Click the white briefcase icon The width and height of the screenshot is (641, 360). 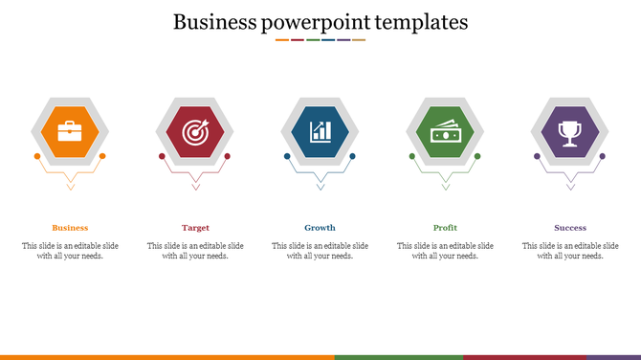click(70, 132)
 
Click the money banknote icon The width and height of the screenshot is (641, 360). click(445, 133)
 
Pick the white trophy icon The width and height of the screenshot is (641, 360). click(570, 132)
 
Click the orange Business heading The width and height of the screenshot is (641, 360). click(70, 228)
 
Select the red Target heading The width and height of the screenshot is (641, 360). click(195, 228)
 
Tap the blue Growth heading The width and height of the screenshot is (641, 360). click(320, 228)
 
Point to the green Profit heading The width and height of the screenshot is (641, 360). click(445, 228)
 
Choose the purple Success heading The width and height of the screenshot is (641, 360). click(570, 228)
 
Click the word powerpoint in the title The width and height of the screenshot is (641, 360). click(307, 22)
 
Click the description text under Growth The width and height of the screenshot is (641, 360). click(320, 251)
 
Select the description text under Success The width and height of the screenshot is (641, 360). click(570, 251)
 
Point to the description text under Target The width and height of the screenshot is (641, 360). click(195, 251)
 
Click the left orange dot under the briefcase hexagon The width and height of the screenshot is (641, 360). click(37, 156)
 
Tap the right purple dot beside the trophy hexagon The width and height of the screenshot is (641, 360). click(603, 156)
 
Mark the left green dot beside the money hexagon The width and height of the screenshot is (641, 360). click(412, 156)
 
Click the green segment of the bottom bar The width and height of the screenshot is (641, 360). click(398, 357)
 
